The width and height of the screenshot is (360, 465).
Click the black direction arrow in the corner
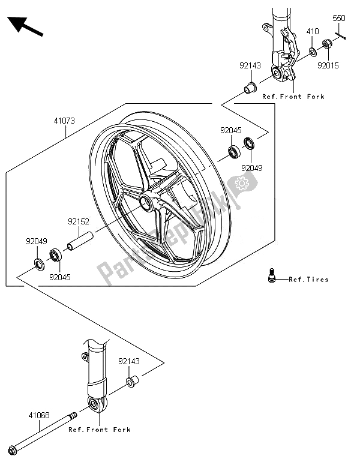pyautogui.click(x=25, y=26)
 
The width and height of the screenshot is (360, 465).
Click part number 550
pyautogui.click(x=338, y=19)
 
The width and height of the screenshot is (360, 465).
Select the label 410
pyautogui.click(x=313, y=31)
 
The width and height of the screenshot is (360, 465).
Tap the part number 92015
pyautogui.click(x=328, y=65)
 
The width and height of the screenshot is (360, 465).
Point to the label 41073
pyautogui.click(x=64, y=121)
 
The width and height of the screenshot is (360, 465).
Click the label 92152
pyautogui.click(x=79, y=221)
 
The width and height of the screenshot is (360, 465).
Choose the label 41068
pyautogui.click(x=39, y=415)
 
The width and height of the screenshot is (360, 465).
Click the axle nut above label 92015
pyautogui.click(x=327, y=44)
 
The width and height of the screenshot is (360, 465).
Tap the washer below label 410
pyautogui.click(x=313, y=52)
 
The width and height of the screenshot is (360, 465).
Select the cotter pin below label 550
pyautogui.click(x=340, y=35)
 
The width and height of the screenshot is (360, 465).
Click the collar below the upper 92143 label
pyautogui.click(x=250, y=88)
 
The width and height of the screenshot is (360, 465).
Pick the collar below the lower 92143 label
pyautogui.click(x=133, y=381)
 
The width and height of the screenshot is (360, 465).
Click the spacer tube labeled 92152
pyautogui.click(x=80, y=241)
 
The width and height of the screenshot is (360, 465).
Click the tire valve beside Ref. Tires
pyautogui.click(x=272, y=275)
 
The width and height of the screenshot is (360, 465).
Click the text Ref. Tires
pyautogui.click(x=308, y=280)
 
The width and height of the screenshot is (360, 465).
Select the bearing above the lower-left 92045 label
pyautogui.click(x=55, y=256)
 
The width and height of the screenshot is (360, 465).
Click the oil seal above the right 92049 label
pyautogui.click(x=249, y=143)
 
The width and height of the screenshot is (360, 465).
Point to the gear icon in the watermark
pyautogui.click(x=242, y=184)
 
